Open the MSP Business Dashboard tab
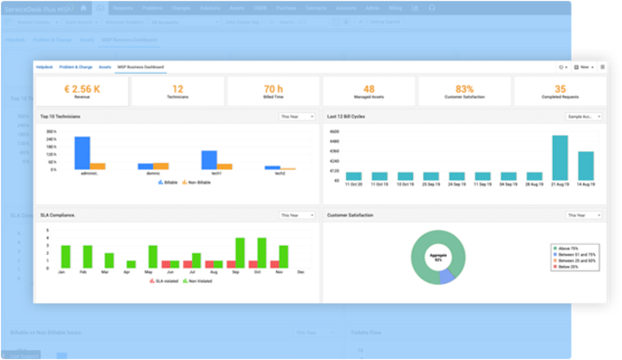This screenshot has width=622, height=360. point(140,67)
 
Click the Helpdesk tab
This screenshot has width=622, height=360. point(44,67)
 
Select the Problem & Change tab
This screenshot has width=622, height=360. point(75,67)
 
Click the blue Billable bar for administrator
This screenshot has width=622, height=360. point(82,152)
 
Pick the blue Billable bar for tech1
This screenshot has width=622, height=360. point(210,159)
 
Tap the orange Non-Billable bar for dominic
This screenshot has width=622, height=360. point(160,165)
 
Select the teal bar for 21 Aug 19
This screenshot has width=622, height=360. point(560,157)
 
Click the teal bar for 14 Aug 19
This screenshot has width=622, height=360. point(586,165)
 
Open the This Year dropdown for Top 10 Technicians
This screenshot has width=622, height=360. point(293,116)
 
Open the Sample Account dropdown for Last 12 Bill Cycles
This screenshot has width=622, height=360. point(585,116)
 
